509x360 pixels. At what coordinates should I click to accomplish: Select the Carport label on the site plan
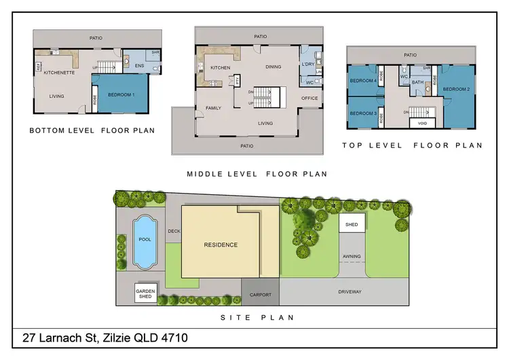tap(261, 295)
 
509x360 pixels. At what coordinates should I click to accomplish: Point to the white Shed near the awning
tap(352, 224)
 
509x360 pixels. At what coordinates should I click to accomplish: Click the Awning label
tap(352, 257)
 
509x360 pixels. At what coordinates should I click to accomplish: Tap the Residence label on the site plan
tap(221, 245)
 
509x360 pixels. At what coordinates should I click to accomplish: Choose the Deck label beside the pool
tap(173, 231)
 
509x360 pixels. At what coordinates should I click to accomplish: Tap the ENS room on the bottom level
tap(140, 66)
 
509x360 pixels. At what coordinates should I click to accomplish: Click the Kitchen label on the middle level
tap(221, 68)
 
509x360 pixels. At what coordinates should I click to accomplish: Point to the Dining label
tap(274, 67)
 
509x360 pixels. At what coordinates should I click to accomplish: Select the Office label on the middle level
tap(309, 98)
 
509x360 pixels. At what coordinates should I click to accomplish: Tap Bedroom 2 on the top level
tap(457, 90)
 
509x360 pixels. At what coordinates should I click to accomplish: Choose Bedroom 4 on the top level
tap(363, 81)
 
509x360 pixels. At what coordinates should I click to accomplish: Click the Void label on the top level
tap(422, 123)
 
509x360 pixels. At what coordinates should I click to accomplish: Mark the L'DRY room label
tap(307, 65)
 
